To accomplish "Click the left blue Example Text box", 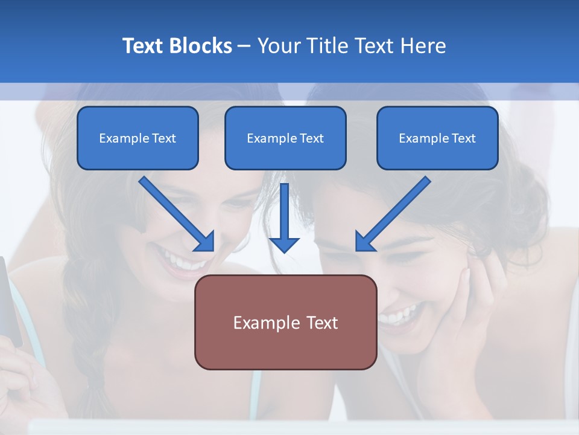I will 138,138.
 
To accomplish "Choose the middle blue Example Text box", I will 285,138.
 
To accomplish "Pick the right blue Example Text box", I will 437,138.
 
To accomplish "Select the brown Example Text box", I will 285,322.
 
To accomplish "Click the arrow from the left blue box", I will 177,213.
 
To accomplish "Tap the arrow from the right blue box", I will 393,213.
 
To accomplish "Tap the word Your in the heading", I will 277,46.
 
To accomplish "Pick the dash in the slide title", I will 244,47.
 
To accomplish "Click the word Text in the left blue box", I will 163,138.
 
